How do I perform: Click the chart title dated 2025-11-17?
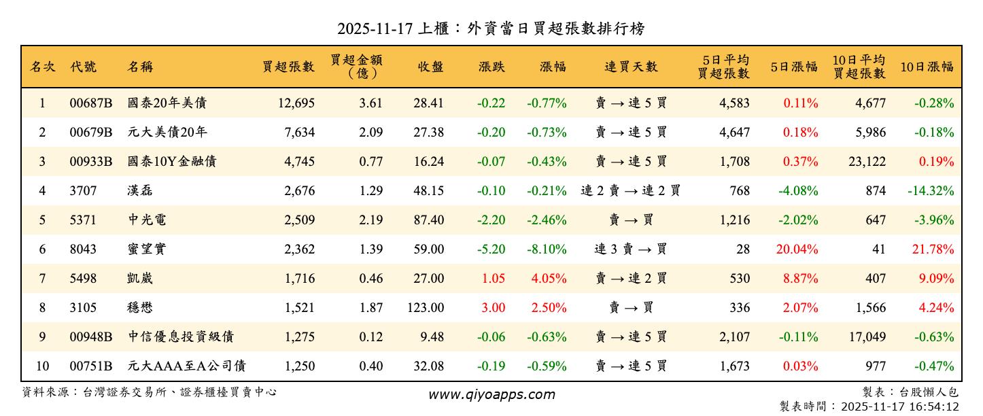pyautogui.click(x=491, y=29)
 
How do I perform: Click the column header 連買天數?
pyautogui.click(x=631, y=67)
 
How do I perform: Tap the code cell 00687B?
pyautogui.click(x=90, y=103)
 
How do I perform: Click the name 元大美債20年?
pyautogui.click(x=168, y=133)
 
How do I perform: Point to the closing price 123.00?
pyautogui.click(x=426, y=308)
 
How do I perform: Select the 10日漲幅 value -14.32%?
pyautogui.click(x=931, y=191)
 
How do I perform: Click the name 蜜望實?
pyautogui.click(x=147, y=249)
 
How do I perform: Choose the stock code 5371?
pyautogui.click(x=84, y=220)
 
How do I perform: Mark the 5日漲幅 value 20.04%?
pyautogui.click(x=797, y=249)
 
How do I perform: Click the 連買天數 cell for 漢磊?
pyautogui.click(x=631, y=191)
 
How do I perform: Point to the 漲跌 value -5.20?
pyautogui.click(x=491, y=249)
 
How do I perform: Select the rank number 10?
pyautogui.click(x=42, y=366)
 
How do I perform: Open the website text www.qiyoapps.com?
pyautogui.click(x=491, y=394)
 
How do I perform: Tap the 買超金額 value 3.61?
pyautogui.click(x=370, y=103)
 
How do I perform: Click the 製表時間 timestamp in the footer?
pyautogui.click(x=869, y=406)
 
